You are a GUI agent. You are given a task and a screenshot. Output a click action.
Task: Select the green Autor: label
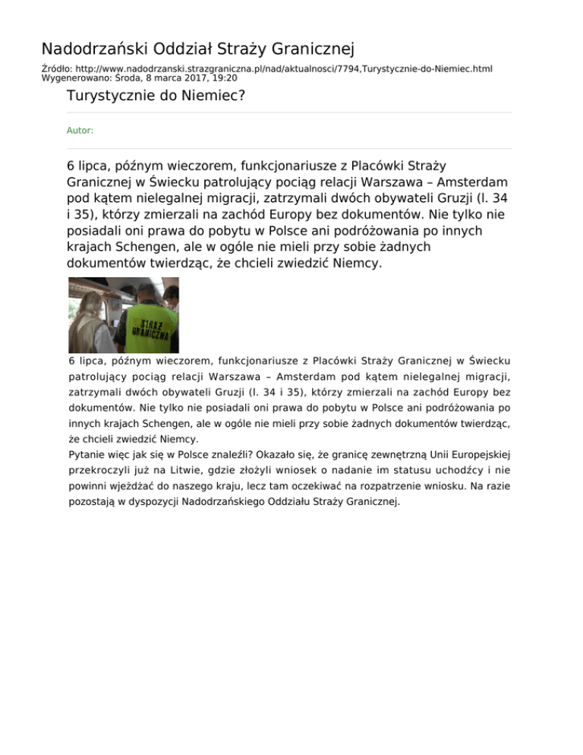(80, 131)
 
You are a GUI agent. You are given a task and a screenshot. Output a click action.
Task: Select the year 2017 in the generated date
(179, 77)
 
